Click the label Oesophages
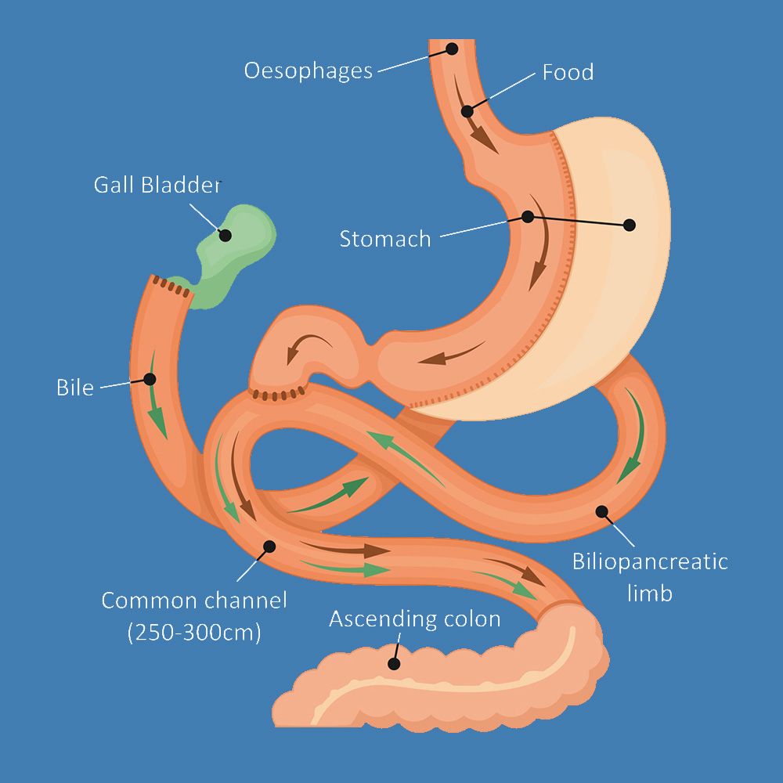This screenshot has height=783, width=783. pos(308,70)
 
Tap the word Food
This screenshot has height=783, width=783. pos(568,73)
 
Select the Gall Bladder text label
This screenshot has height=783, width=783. pos(157,185)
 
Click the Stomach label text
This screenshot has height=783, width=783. pos(384,239)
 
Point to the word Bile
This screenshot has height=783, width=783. pos(75,387)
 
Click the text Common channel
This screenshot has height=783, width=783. pos(194,601)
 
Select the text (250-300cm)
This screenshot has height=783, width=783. pos(193,632)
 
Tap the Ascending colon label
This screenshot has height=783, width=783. pos(414,619)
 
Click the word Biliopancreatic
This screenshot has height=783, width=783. pos(650,561)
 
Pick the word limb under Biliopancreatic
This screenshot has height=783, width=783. pos(649,594)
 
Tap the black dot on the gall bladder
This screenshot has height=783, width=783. pos(226,235)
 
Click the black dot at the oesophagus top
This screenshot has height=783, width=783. pos(452,49)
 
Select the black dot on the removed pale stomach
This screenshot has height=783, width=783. pos(630,225)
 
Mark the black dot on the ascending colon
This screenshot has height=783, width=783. pos(394,664)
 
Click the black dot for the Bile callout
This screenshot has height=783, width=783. pos(150,379)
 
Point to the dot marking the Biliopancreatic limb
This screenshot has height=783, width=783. pos(601,511)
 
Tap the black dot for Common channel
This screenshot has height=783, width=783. pos(269,547)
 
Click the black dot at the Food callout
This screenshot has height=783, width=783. pos(467,111)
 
